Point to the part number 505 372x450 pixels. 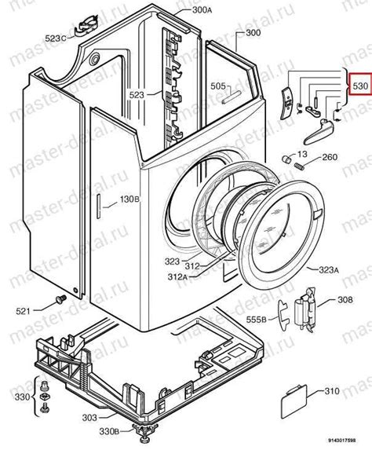tap(217, 86)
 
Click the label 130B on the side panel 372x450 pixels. tap(129, 199)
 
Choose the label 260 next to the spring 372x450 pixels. tap(330, 157)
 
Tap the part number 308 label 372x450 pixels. tap(345, 299)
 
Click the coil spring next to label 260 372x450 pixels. tap(299, 166)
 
